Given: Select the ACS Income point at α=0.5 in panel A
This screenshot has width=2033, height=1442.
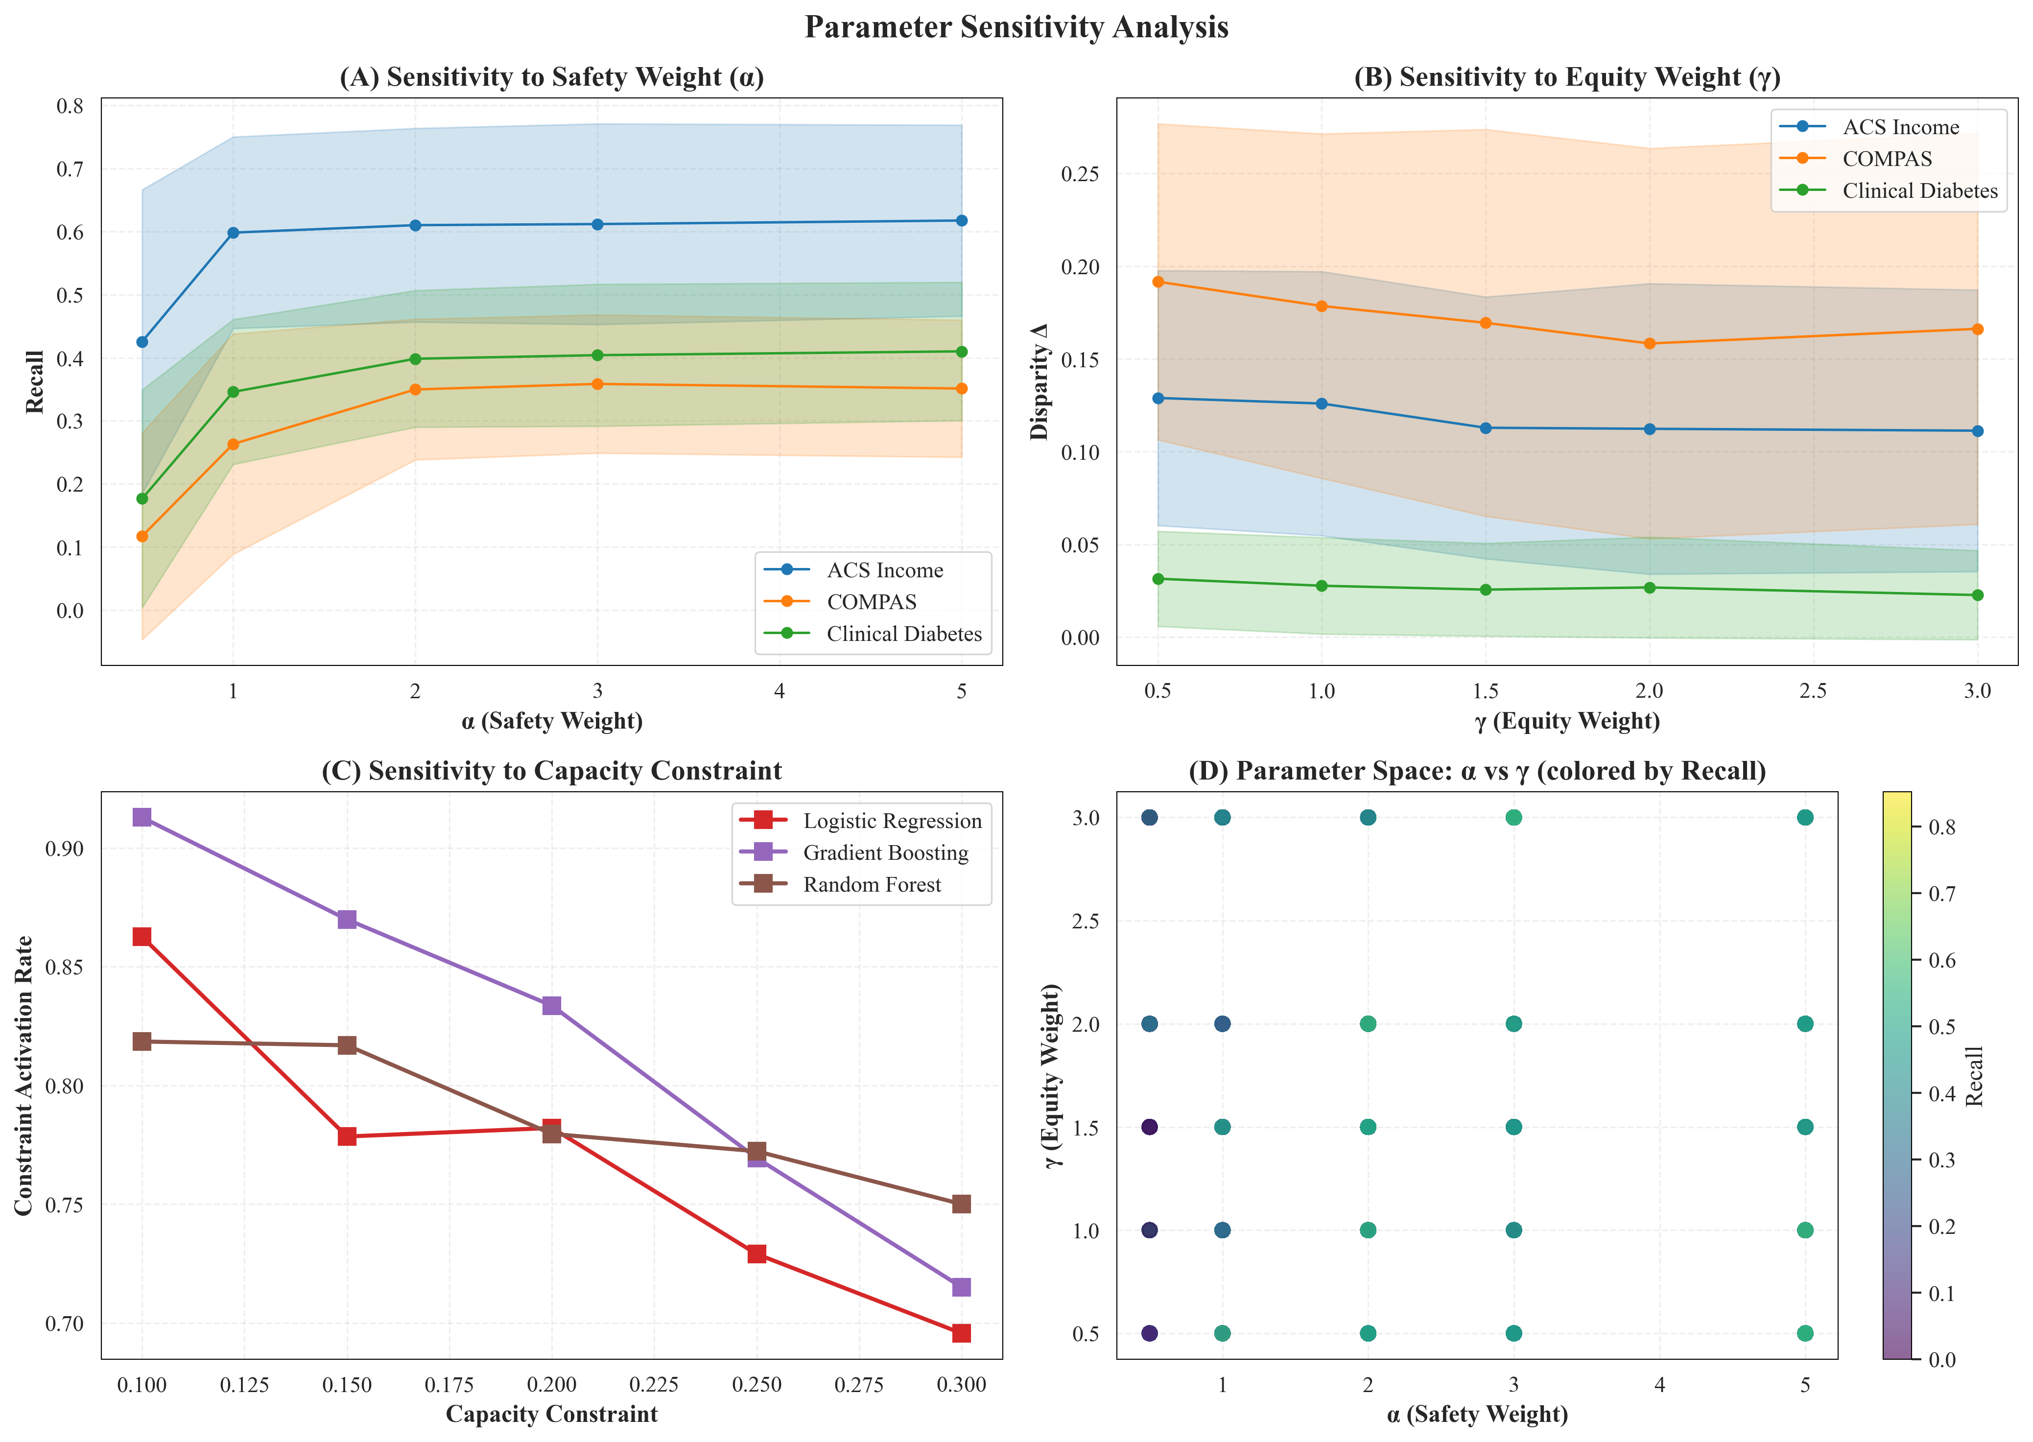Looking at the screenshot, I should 142,342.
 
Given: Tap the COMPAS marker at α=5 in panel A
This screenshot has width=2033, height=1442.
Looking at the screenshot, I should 962,389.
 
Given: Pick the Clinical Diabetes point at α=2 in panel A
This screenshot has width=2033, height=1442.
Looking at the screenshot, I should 415,359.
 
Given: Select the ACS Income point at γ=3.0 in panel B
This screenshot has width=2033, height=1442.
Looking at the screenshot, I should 1977,431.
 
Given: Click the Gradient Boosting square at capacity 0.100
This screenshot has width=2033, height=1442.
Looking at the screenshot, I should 142,817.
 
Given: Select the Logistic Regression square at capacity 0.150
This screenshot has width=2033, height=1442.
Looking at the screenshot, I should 347,1136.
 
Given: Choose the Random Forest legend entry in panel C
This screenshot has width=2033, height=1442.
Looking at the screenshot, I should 871,884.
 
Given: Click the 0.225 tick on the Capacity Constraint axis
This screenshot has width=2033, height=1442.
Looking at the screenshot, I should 654,1385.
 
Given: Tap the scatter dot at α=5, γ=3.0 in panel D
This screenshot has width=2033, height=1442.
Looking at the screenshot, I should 1805,818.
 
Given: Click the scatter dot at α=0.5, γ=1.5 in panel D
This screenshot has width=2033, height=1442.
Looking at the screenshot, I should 1150,1127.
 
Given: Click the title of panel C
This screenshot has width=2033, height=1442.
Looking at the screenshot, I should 551,771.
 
